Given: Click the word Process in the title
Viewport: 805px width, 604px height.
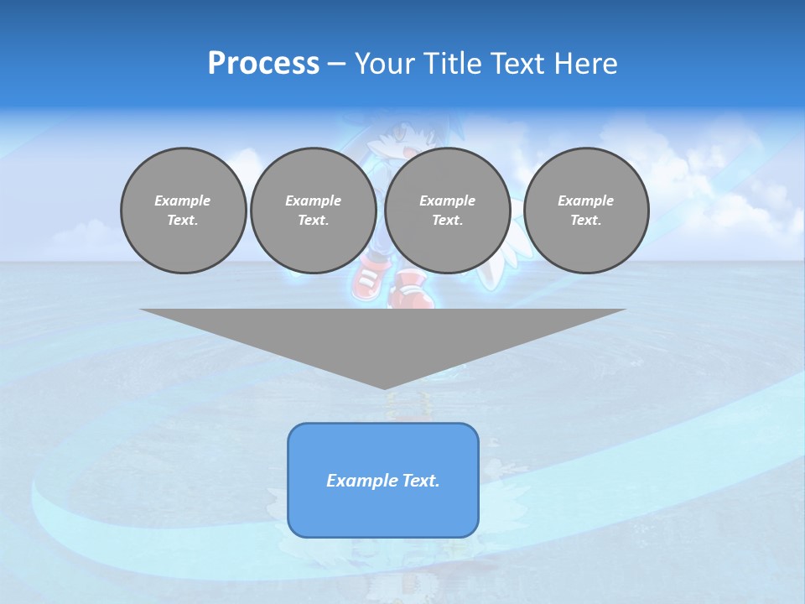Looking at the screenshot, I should tap(263, 64).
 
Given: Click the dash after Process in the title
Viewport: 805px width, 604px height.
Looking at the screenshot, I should tap(337, 65).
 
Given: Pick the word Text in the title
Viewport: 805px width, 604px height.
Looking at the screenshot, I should tap(519, 64).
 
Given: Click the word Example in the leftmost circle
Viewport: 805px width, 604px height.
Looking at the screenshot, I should tap(183, 200).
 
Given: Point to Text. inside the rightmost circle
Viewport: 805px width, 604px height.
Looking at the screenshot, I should tap(586, 220).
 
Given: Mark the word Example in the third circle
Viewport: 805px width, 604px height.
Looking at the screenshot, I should tap(448, 200).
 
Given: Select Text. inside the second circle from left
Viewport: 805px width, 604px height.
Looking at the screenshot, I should tap(314, 220).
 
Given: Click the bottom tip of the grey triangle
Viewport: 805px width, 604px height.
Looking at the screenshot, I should tap(384, 388).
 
